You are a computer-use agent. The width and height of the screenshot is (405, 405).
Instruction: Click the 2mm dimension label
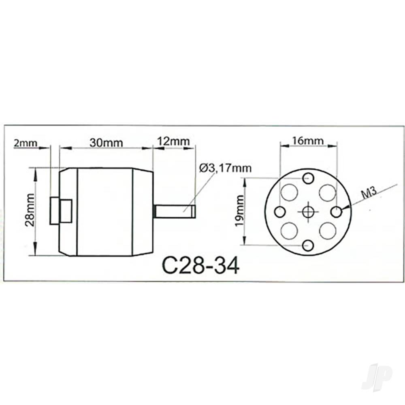pyautogui.click(x=25, y=143)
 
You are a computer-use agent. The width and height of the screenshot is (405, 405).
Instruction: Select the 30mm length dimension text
pyautogui.click(x=106, y=143)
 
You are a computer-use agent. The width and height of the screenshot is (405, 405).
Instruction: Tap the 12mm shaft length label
pyautogui.click(x=173, y=142)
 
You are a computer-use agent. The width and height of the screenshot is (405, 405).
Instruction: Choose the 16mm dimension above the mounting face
pyautogui.click(x=308, y=141)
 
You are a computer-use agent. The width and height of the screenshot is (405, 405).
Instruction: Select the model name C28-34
pyautogui.click(x=200, y=266)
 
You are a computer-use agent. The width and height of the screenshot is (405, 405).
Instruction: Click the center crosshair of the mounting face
pyautogui.click(x=308, y=211)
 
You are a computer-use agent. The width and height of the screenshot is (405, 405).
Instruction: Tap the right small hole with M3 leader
pyautogui.click(x=337, y=211)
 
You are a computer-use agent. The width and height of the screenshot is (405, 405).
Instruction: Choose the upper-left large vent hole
pyautogui.click(x=289, y=192)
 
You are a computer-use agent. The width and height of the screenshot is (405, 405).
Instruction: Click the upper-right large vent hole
pyautogui.click(x=327, y=192)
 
